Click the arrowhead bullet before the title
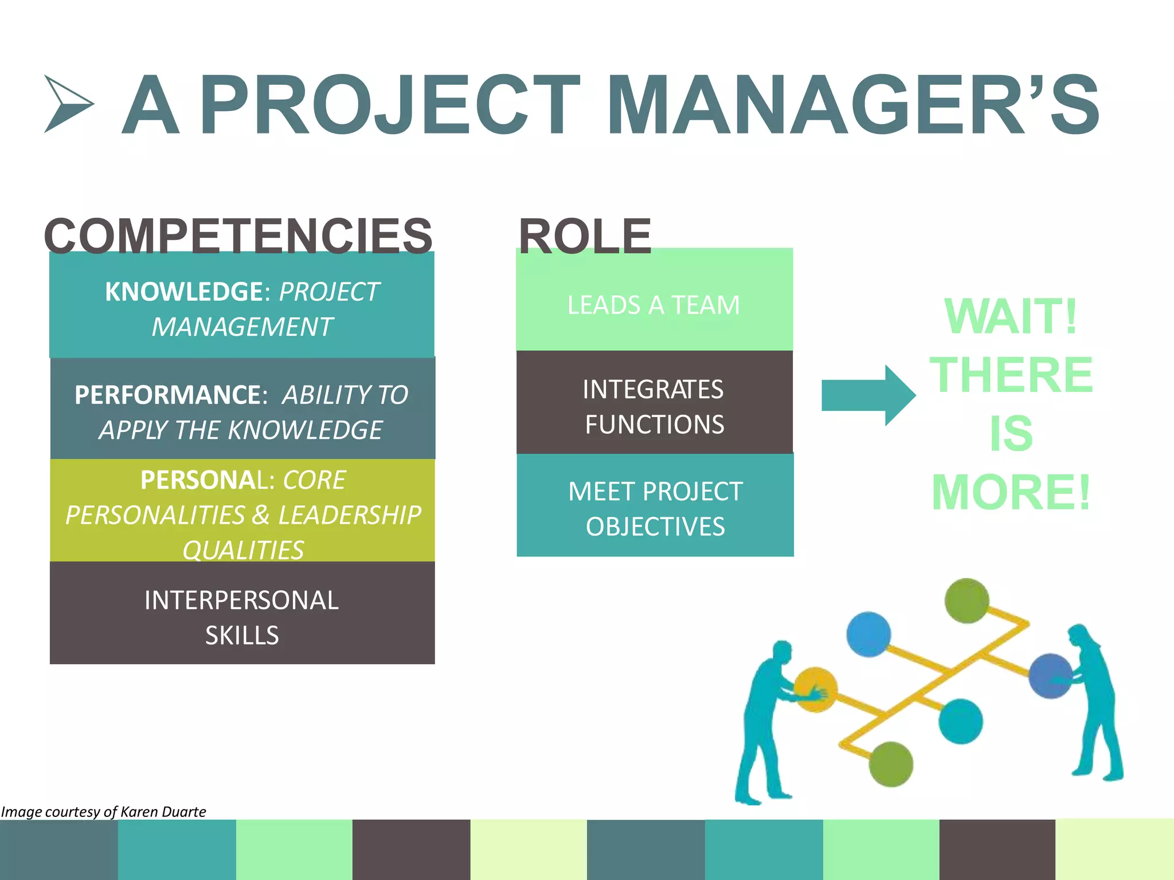tap(68, 104)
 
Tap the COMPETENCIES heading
tap(238, 235)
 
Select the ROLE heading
tap(585, 235)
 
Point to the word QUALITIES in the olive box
tap(243, 550)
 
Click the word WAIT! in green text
tap(1011, 316)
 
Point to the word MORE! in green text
tap(1011, 492)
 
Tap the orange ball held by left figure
tap(815, 689)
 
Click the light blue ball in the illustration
tap(868, 634)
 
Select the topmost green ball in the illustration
tap(966, 600)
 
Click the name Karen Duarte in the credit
tap(163, 812)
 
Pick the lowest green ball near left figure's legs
tap(891, 764)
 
